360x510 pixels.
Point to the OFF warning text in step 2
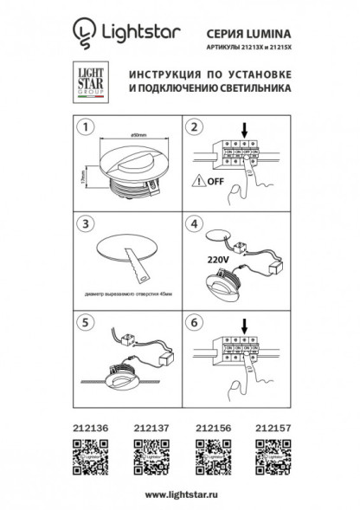(x=214, y=183)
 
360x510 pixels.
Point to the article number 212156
(x=208, y=426)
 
